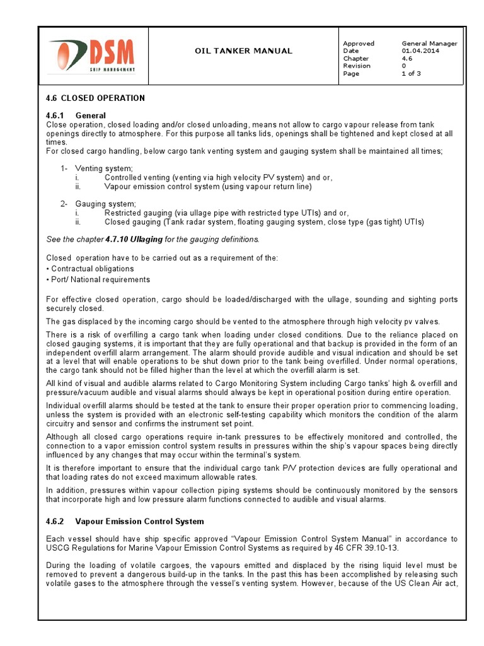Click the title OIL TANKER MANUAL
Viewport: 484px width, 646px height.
243,50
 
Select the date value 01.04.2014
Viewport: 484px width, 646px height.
420,51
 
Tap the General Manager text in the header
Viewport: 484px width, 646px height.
429,44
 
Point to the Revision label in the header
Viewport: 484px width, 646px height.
356,66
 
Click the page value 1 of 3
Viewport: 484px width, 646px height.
411,74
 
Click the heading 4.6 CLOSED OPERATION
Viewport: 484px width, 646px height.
95,98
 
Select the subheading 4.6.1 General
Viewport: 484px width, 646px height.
76,115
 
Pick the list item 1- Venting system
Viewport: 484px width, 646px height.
96,168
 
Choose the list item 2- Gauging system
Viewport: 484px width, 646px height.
98,204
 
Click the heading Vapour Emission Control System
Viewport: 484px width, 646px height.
139,522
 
